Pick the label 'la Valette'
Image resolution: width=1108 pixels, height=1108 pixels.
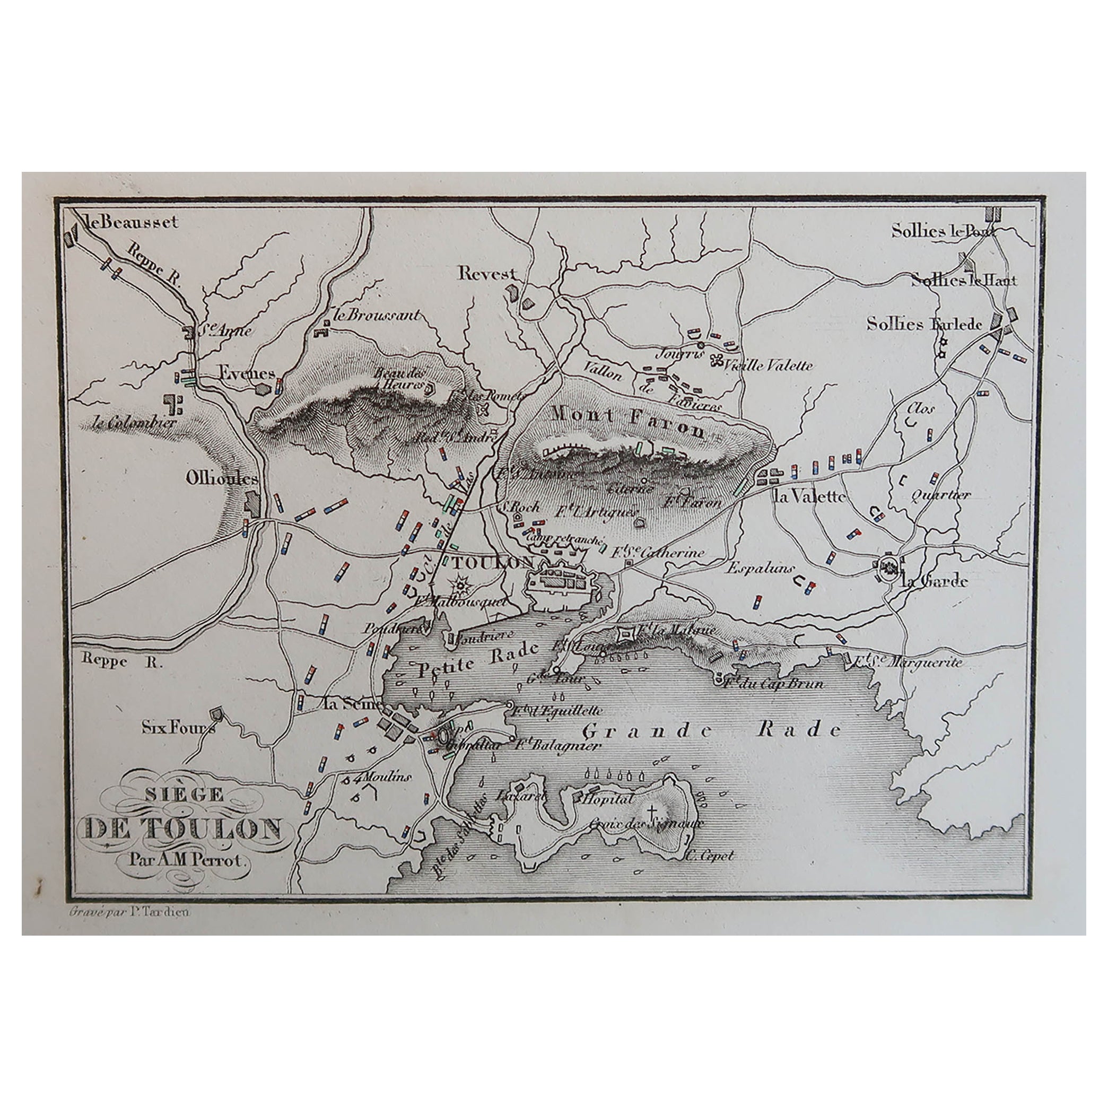(809, 496)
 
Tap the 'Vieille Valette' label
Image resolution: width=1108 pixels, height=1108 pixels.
(769, 365)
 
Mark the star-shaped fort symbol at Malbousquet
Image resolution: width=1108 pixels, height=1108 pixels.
(459, 586)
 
